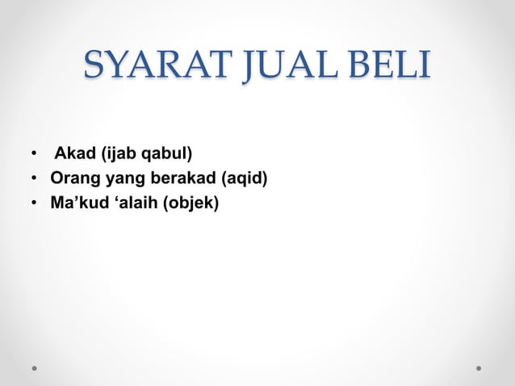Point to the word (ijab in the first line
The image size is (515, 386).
[x=113, y=153]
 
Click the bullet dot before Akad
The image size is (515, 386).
[x=35, y=153]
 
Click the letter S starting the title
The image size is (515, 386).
[x=94, y=67]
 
